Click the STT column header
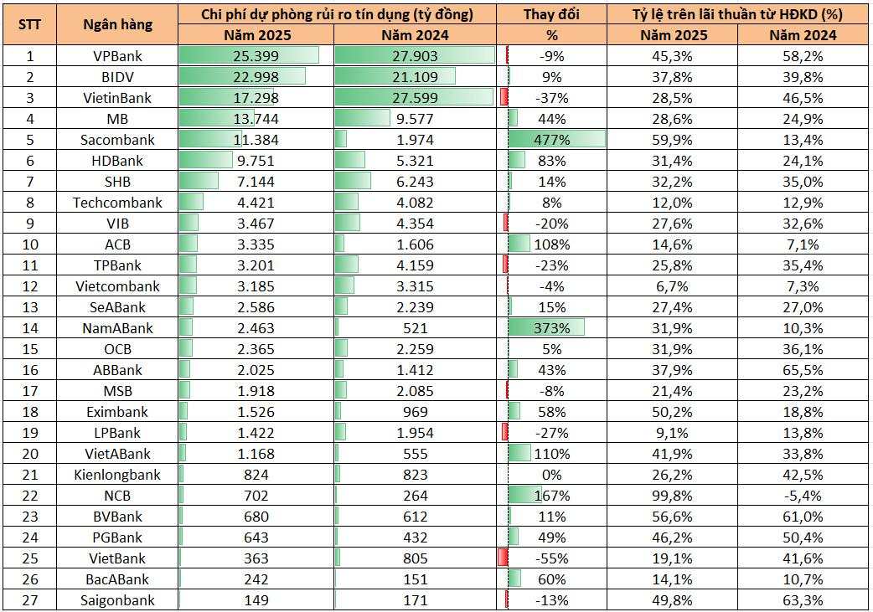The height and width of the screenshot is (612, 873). point(29,24)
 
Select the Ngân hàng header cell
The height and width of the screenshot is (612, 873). point(117,24)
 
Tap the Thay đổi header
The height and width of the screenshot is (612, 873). point(551,14)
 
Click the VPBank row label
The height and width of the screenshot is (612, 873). point(117,56)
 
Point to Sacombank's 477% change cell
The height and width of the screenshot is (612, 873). point(551,140)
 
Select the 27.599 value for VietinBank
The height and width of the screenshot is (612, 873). point(415,98)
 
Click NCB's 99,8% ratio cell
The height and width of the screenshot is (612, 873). point(674,496)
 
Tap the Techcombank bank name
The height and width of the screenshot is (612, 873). point(117,203)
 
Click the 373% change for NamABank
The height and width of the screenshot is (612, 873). point(551,328)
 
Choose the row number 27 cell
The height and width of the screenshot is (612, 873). point(29,600)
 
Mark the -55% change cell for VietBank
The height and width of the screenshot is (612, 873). point(551,558)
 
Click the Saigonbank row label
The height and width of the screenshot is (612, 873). point(117,600)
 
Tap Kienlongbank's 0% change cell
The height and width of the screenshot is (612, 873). point(551,475)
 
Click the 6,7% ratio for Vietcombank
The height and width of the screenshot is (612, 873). point(674,286)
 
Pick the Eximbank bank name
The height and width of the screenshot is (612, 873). point(117,412)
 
